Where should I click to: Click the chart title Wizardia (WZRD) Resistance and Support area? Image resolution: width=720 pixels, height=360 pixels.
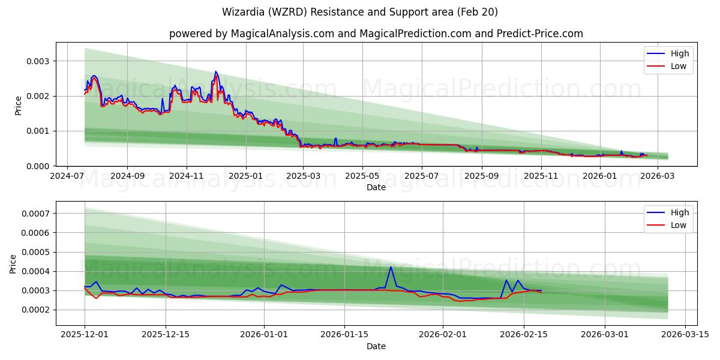click(x=360, y=12)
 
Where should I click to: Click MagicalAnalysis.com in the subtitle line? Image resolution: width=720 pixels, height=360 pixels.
click(x=282, y=34)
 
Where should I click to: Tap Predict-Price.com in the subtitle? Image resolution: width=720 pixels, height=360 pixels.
click(x=540, y=34)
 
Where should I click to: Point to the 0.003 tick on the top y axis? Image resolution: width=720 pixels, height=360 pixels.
click(x=38, y=61)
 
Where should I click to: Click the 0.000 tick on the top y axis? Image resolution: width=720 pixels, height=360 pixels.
click(x=38, y=166)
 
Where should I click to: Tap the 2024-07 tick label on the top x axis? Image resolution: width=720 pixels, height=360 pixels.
click(x=67, y=176)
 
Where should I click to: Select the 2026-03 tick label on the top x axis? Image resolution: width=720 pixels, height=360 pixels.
click(x=659, y=176)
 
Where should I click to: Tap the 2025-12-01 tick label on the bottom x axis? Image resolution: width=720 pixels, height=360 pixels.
click(x=85, y=335)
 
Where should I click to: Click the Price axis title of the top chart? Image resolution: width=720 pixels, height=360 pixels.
click(x=18, y=105)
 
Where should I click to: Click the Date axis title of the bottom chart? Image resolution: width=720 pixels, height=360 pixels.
click(x=376, y=346)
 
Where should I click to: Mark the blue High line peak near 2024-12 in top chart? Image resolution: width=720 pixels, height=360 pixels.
click(x=216, y=71)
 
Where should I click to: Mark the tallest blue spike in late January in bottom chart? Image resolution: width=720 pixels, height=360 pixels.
click(x=391, y=267)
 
